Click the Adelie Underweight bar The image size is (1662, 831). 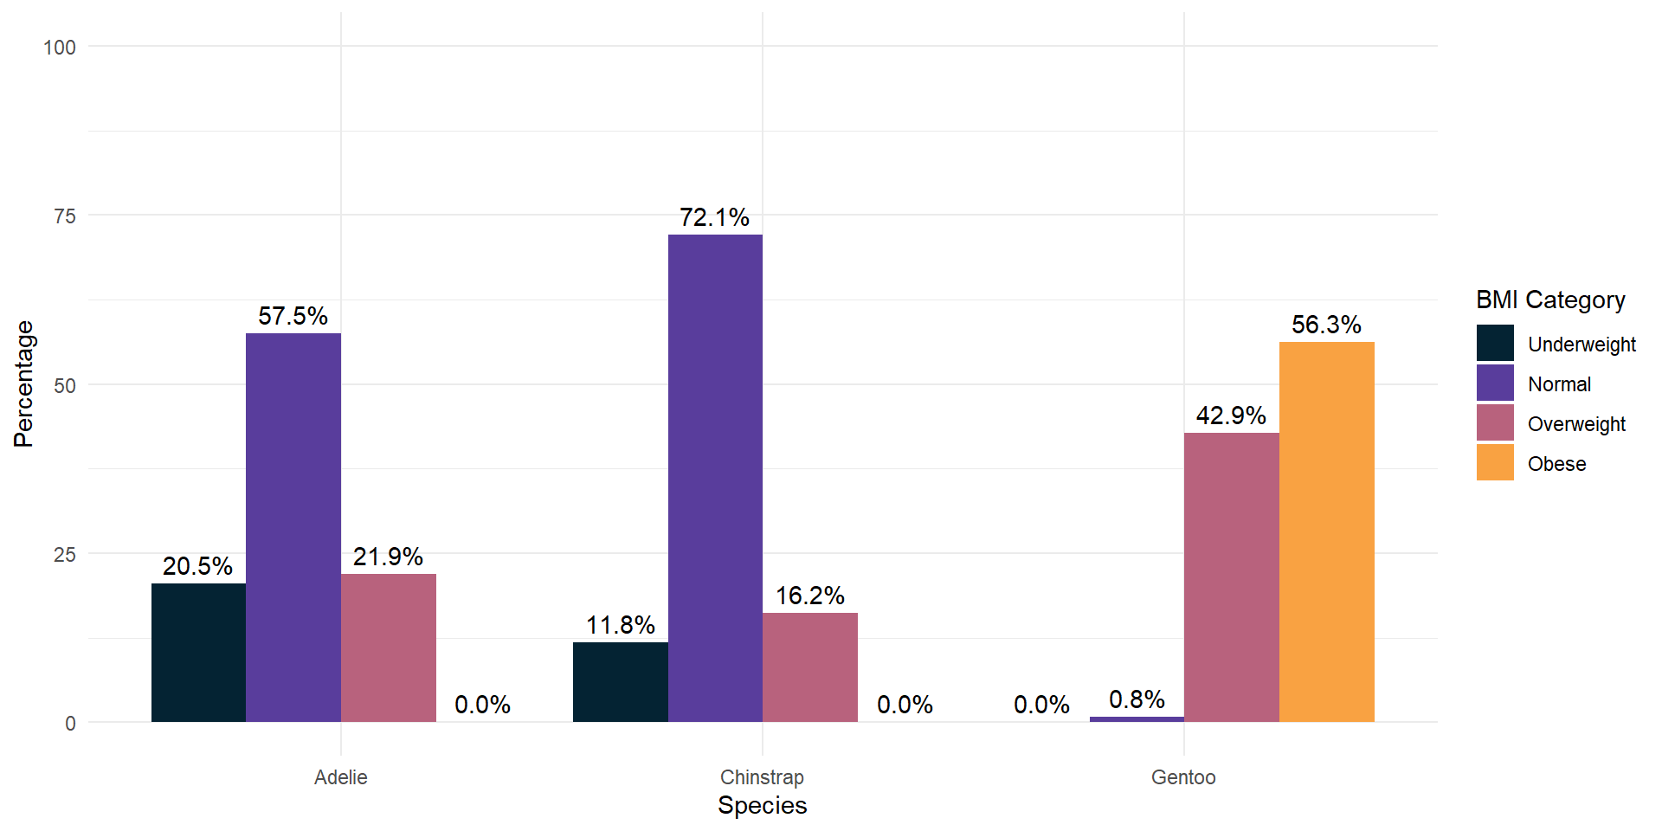(198, 653)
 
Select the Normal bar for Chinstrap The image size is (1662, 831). (715, 478)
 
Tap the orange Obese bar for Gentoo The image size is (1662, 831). (1326, 531)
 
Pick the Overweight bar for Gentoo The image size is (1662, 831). (1231, 577)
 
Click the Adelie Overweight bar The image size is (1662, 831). (388, 647)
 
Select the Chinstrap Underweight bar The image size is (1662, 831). (620, 682)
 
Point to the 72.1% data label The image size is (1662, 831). (714, 217)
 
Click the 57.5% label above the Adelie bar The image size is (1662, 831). (293, 316)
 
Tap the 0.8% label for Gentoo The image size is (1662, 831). (1137, 699)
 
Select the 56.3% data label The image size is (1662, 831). (1326, 325)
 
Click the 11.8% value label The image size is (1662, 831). (620, 625)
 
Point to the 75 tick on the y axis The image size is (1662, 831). (65, 216)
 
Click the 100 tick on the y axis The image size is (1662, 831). (60, 48)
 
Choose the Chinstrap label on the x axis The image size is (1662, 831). (762, 777)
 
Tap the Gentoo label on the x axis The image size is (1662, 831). (1183, 777)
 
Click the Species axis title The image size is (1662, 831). (762, 805)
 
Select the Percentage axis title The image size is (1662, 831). (23, 383)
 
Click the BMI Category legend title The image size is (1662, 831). (1550, 300)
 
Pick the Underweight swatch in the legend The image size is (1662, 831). (1495, 344)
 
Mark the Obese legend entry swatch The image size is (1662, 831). (1495, 463)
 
